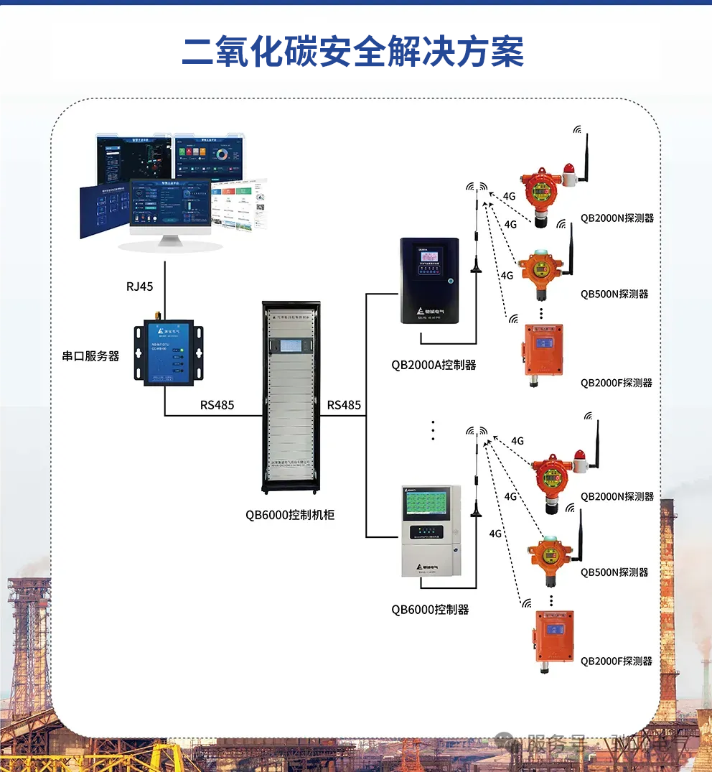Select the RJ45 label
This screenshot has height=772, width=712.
click(x=140, y=287)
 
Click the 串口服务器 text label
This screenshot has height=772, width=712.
click(x=90, y=355)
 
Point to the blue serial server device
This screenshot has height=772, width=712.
click(x=168, y=353)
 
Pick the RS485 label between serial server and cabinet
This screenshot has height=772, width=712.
click(x=217, y=405)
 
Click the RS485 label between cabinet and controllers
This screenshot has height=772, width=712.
click(x=344, y=405)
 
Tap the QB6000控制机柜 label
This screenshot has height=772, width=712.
click(x=290, y=515)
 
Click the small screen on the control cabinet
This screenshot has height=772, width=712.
click(x=291, y=347)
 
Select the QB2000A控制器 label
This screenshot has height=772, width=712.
click(x=434, y=365)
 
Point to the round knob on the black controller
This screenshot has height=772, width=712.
click(x=449, y=281)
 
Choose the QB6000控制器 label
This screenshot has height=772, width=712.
click(x=430, y=609)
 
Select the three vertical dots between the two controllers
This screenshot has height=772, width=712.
click(x=433, y=429)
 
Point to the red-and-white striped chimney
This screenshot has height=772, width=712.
click(x=667, y=610)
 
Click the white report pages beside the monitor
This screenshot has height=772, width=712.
click(x=241, y=203)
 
